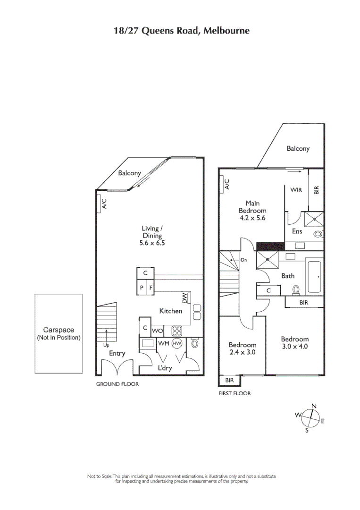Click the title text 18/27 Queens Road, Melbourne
point(182,31)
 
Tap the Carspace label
point(59,331)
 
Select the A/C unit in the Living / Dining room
point(104,204)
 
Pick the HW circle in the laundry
point(177,344)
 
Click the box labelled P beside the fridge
point(142,287)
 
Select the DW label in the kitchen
point(185,298)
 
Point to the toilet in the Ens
point(318,234)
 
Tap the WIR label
point(296,190)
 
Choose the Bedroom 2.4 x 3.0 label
point(242,348)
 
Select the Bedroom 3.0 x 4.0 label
point(294,342)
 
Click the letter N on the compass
point(314,406)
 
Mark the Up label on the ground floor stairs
point(107,345)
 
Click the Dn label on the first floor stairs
point(244,260)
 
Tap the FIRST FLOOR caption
point(234,393)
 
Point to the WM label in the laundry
point(163,343)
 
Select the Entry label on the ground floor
point(117,353)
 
